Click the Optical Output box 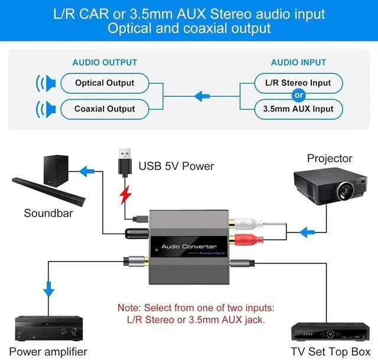[x=105, y=83]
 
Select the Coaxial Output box [x=105, y=109]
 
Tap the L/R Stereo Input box [x=298, y=83]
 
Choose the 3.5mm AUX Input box [x=298, y=109]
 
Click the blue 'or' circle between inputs [x=298, y=96]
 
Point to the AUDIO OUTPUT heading [x=105, y=62]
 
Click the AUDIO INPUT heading [x=298, y=62]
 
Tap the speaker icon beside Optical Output [x=44, y=83]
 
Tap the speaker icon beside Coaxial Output [x=44, y=109]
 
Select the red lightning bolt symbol [x=124, y=194]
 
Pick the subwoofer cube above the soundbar [x=58, y=169]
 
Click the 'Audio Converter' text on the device [x=189, y=246]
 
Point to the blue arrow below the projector [x=307, y=232]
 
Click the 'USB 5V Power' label [x=176, y=166]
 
